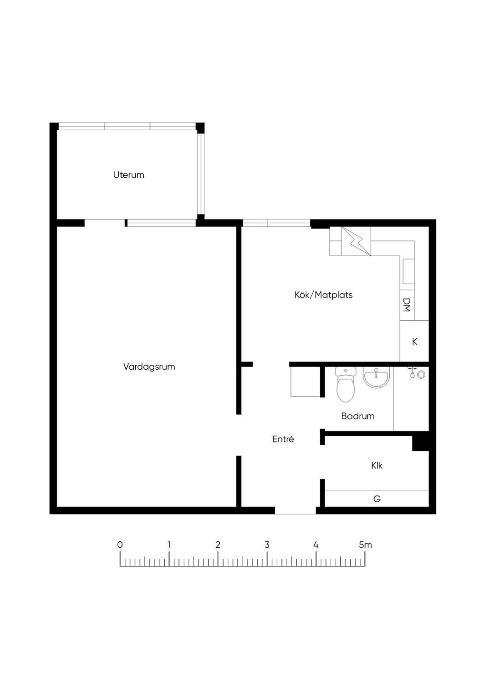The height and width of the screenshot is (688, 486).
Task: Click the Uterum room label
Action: coord(129,175)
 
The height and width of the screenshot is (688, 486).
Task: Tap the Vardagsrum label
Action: coord(149,367)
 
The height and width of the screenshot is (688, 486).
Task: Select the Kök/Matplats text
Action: coord(323,295)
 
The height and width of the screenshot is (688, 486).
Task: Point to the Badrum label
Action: coord(358,416)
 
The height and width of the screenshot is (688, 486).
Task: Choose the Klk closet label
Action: coord(377,466)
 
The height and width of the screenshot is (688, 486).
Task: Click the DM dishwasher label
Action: coord(407,305)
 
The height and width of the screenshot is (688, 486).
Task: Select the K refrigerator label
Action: coord(414,342)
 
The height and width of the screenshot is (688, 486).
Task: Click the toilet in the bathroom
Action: coord(346,384)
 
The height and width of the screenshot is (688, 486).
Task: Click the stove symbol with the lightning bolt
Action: coord(356,241)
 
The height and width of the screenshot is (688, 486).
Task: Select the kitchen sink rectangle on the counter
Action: coord(408,271)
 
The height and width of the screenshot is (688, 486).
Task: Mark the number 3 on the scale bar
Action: coord(267,545)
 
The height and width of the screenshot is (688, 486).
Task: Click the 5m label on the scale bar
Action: coord(365,545)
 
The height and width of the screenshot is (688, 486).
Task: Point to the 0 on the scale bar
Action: coord(120,545)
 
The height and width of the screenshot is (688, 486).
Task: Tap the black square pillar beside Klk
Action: coord(421,441)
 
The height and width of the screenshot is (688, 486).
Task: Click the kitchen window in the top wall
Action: coord(276,223)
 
